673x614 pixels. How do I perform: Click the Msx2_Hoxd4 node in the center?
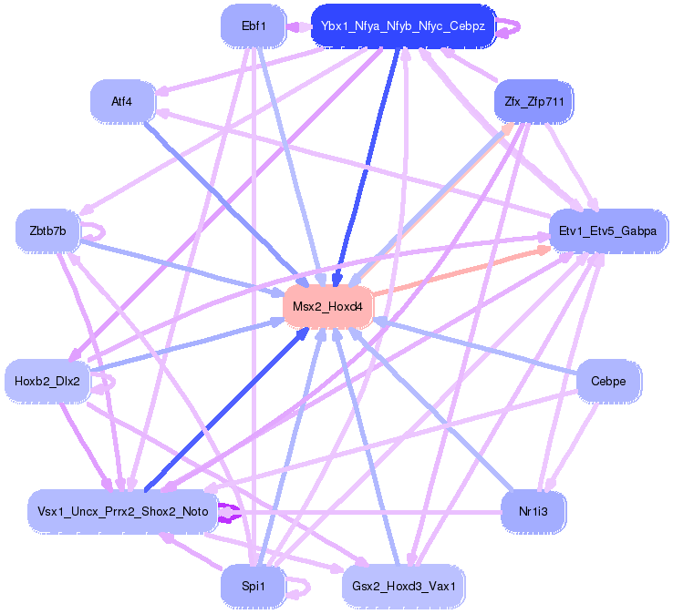(328, 309)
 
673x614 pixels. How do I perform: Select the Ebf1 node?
(254, 26)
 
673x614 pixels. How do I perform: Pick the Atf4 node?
(122, 101)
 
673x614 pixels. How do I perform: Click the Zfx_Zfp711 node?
(533, 101)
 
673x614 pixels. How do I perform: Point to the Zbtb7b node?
(47, 230)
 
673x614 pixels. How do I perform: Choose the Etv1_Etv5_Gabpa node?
(607, 230)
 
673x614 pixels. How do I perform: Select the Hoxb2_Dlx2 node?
(47, 381)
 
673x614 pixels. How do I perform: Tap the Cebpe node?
(608, 381)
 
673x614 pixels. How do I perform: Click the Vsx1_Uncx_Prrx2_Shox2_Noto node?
(122, 511)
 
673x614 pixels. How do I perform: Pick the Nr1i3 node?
(533, 511)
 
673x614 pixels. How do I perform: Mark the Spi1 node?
(253, 587)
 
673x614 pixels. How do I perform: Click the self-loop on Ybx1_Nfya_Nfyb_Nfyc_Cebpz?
(513, 26)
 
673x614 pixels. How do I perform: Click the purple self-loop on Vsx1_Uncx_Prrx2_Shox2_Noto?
(233, 512)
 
